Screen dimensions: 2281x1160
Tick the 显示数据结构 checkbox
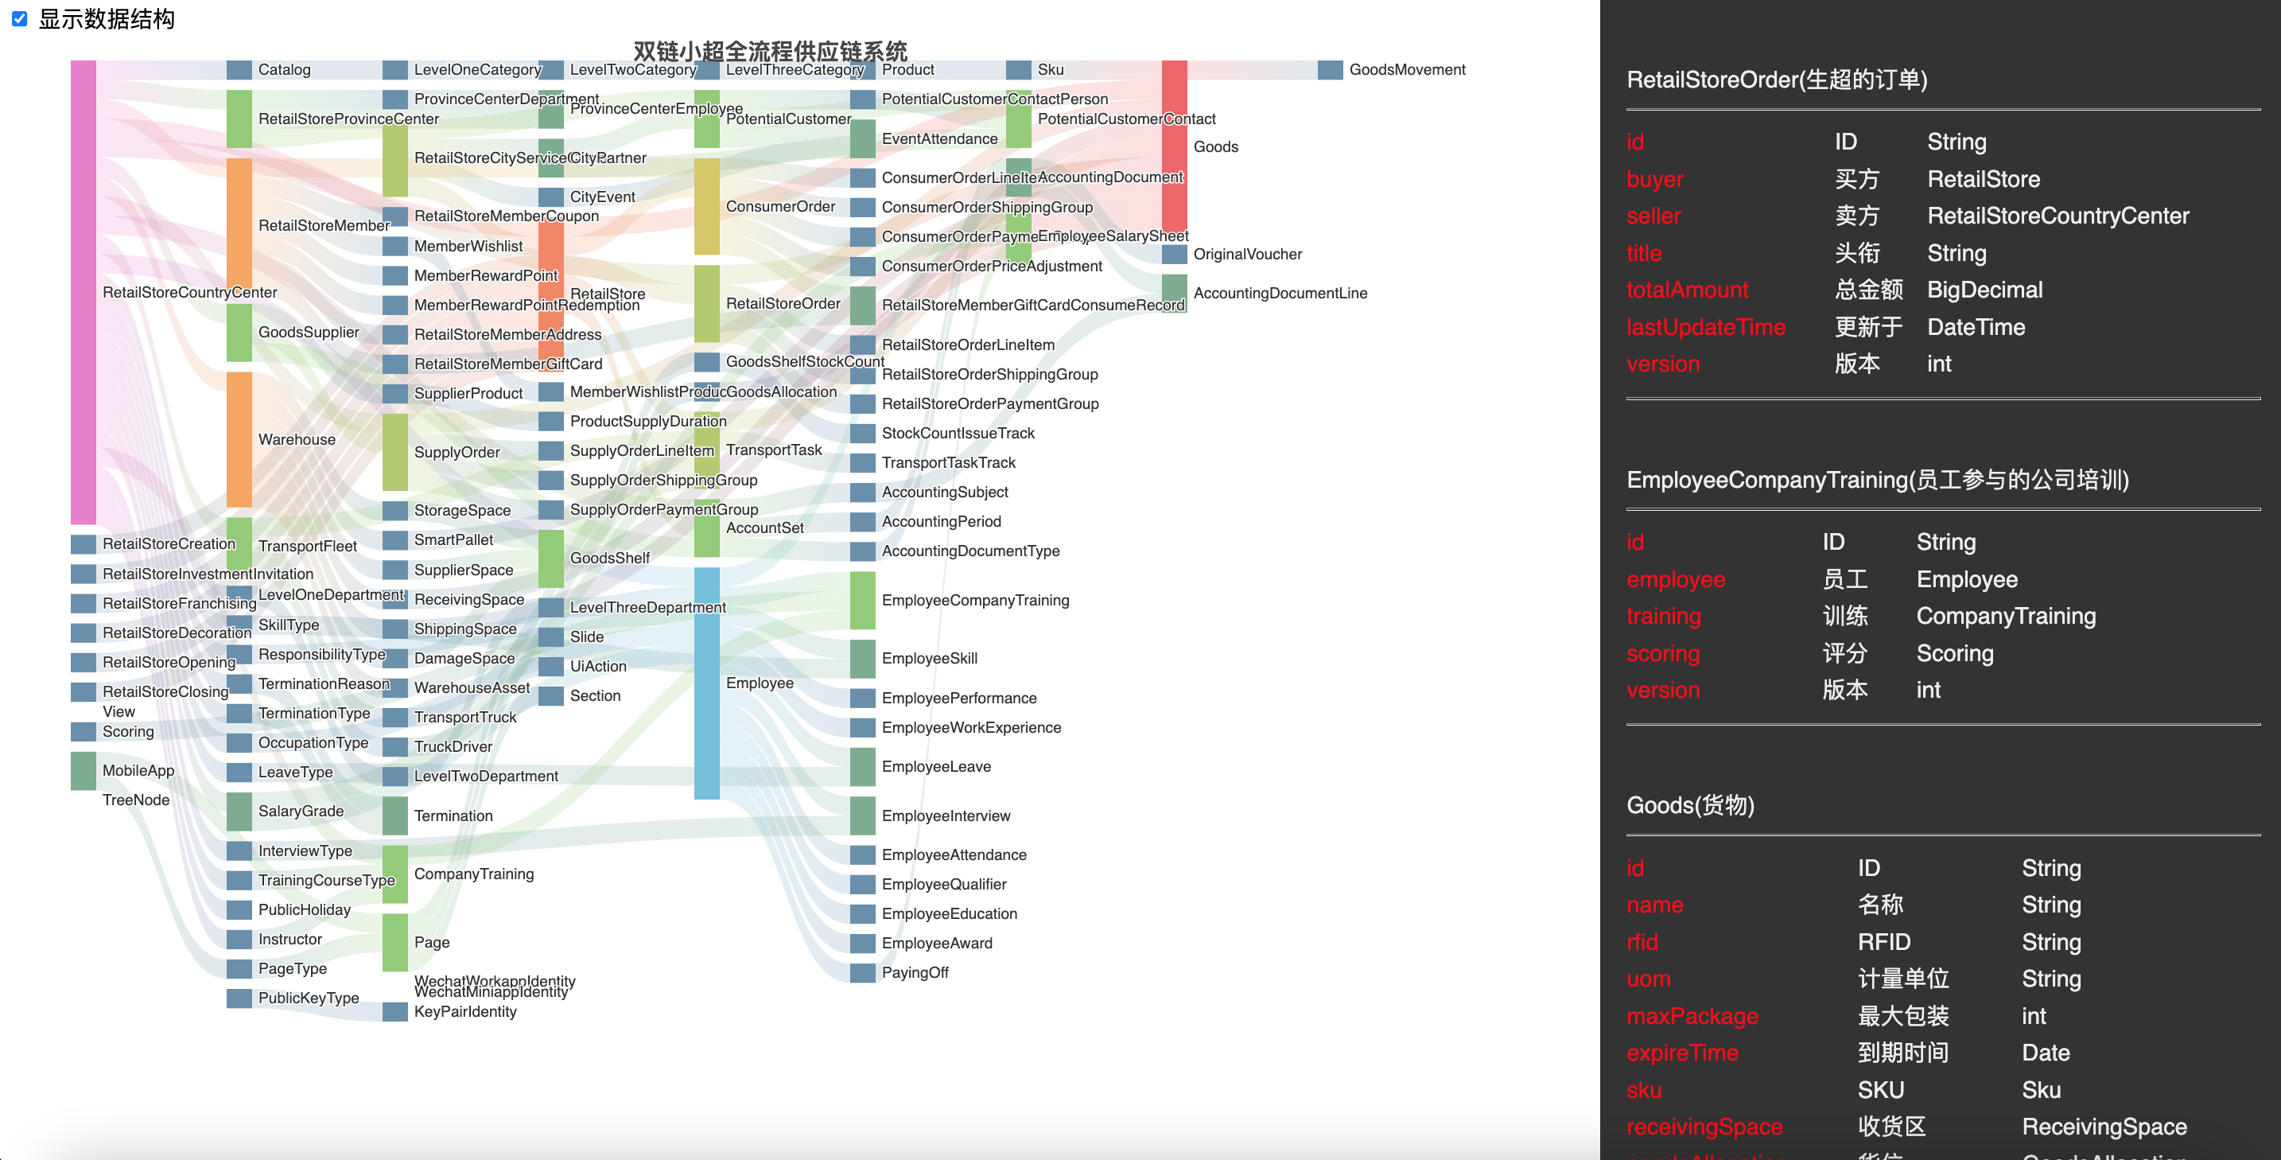[19, 18]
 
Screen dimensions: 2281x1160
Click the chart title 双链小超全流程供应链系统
[770, 50]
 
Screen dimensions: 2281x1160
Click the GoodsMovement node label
[1406, 70]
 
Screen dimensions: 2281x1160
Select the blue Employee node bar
[706, 682]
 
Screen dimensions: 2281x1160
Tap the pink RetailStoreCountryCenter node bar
[84, 292]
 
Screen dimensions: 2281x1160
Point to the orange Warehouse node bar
[239, 439]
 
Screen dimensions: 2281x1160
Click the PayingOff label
[914, 972]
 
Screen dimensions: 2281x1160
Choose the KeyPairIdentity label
[465, 1011]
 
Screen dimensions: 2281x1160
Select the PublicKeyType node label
[308, 998]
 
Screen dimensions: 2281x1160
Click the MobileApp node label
[138, 770]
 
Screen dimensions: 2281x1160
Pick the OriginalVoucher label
[1247, 254]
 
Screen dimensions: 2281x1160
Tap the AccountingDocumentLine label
[1280, 293]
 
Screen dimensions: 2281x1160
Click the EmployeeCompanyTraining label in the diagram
[975, 601]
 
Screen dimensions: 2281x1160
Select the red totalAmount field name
[1687, 290]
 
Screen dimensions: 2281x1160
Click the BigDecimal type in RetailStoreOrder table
[1984, 290]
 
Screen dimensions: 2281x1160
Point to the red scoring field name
[1662, 653]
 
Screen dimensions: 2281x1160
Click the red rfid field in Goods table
[1642, 942]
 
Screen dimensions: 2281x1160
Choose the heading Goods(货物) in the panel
[1689, 805]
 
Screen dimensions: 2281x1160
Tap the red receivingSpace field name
[1704, 1127]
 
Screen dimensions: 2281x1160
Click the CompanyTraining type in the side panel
[2006, 617]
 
